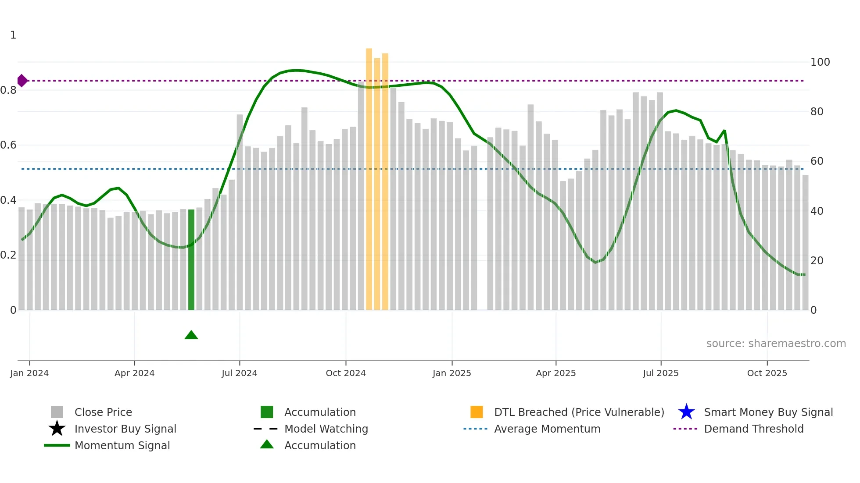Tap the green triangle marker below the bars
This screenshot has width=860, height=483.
(x=191, y=335)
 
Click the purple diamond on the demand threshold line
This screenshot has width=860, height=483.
(x=22, y=81)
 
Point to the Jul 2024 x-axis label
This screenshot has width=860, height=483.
(x=239, y=373)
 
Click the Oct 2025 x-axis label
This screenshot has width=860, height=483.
(x=767, y=373)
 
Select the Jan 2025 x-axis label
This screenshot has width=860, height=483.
(x=451, y=373)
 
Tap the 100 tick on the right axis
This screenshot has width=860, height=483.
(x=820, y=62)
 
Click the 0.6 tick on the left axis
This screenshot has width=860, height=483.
(x=9, y=145)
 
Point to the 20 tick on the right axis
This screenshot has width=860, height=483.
(x=817, y=261)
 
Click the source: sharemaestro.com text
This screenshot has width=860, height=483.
(x=776, y=344)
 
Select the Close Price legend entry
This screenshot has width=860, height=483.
(x=103, y=412)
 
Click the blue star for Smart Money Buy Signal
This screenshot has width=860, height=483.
(x=686, y=412)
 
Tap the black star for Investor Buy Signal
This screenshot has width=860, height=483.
(x=57, y=429)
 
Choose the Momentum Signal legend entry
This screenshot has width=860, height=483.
(x=122, y=445)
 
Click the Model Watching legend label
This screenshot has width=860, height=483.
(x=326, y=429)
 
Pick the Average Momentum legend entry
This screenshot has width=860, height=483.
(x=547, y=429)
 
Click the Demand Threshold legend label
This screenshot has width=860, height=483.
(x=753, y=429)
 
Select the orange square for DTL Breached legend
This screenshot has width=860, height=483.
(x=477, y=412)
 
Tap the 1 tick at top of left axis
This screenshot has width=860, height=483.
(x=13, y=35)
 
